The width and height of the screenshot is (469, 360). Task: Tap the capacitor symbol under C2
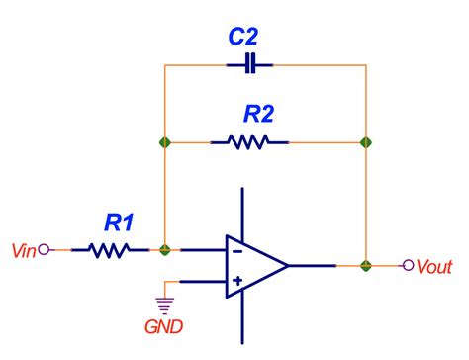[x=249, y=65]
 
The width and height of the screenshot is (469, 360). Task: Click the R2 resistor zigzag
[x=249, y=142]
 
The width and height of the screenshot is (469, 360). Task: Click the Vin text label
[x=22, y=251]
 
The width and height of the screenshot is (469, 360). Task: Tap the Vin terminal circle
[x=43, y=251]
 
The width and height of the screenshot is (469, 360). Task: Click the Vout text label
[x=435, y=266]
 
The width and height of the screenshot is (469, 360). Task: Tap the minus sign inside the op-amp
[x=236, y=250]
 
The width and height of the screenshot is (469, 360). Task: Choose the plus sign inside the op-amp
[x=236, y=282]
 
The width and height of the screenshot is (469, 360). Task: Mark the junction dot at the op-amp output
[x=366, y=265]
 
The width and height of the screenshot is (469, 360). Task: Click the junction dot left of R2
[x=165, y=142]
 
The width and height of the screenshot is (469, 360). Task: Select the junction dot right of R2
[x=366, y=142]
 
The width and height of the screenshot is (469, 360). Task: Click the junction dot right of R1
[x=165, y=251]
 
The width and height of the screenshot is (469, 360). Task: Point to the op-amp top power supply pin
[x=242, y=213]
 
